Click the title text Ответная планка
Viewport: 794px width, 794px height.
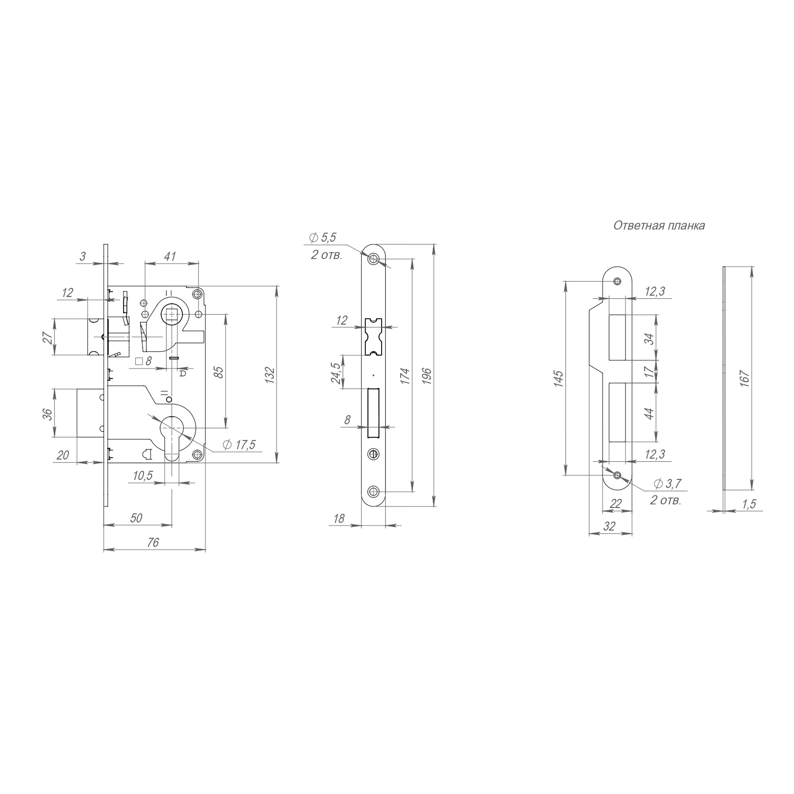coord(659,225)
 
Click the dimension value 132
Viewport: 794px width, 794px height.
coord(269,375)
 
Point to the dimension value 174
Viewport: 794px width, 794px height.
coord(405,376)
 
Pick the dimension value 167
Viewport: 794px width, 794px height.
coord(744,378)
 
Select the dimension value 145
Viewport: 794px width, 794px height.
coord(558,378)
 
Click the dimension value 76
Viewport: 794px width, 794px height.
coord(152,543)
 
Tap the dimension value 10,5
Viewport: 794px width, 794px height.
coord(143,476)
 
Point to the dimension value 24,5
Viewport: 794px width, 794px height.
coord(336,373)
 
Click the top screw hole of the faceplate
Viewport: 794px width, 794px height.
coord(374,259)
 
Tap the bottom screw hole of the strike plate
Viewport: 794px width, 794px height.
coord(617,476)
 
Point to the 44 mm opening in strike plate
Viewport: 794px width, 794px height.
coord(617,412)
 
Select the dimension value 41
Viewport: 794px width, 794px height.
coord(170,256)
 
